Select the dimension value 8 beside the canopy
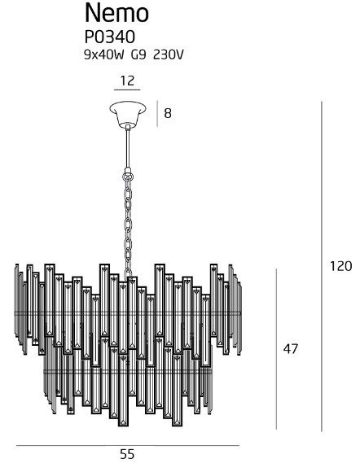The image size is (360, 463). pos(168,113)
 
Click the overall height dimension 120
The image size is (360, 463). pos(341,266)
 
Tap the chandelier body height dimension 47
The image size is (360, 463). pos(290,349)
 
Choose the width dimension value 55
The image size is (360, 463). pos(126,454)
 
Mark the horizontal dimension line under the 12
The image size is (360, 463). pos(126,90)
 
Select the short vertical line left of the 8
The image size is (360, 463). pos(156,113)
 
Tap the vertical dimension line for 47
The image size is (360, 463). pos(278,349)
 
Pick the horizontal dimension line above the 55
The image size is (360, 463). pos(126,445)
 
